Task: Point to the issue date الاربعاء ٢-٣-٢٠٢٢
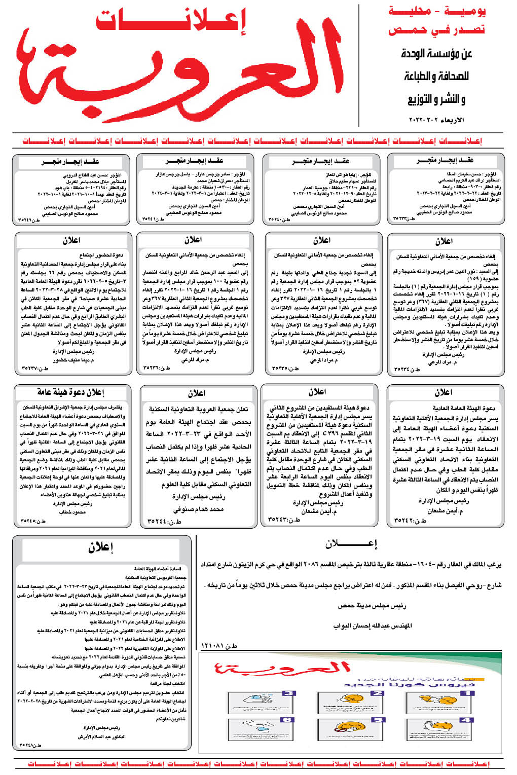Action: click(436, 120)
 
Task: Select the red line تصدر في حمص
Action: click(436, 30)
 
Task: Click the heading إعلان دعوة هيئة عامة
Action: click(70, 392)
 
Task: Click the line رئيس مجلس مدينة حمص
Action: click(372, 605)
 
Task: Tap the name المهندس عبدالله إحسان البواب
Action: click(373, 626)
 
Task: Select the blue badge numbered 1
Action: click(467, 693)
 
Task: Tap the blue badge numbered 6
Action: click(287, 720)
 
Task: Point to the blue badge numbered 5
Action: click(378, 720)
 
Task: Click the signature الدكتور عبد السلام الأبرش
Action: click(101, 736)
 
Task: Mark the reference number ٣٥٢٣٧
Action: click(35, 368)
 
